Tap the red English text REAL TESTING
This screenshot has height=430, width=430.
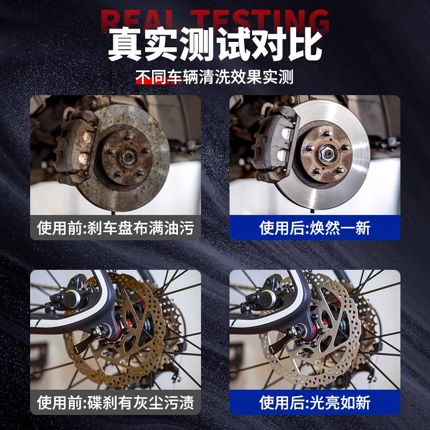pyautogui.click(x=215, y=20)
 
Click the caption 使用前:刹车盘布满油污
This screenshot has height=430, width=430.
pyautogui.click(x=115, y=228)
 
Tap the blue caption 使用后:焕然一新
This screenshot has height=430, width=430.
pyautogui.click(x=315, y=228)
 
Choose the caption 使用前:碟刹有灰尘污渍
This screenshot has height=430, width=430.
pyautogui.click(x=115, y=402)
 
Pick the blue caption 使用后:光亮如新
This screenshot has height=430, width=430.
pyautogui.click(x=315, y=402)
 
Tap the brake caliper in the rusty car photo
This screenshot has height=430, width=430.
pyautogui.click(x=73, y=142)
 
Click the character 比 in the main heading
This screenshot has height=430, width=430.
pyautogui.click(x=303, y=45)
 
